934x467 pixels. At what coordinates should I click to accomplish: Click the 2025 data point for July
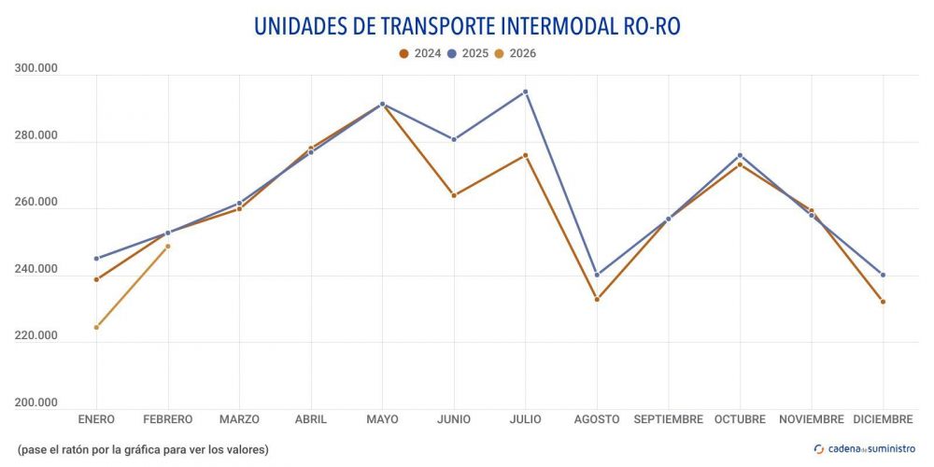click(526, 92)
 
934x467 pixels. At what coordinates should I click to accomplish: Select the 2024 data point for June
click(454, 195)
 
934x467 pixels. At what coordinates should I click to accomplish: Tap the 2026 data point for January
click(96, 327)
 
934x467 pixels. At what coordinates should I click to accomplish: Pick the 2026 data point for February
click(168, 247)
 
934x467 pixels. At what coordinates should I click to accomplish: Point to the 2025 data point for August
click(597, 275)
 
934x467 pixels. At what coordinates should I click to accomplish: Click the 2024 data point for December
click(883, 302)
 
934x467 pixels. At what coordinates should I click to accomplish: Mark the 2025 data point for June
click(454, 139)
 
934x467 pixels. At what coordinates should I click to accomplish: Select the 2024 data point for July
click(526, 155)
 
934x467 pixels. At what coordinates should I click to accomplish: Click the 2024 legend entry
click(420, 53)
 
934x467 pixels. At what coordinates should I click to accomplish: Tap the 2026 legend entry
click(517, 53)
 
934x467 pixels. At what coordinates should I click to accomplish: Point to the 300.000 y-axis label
click(36, 68)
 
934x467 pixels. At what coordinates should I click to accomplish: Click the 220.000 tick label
click(36, 335)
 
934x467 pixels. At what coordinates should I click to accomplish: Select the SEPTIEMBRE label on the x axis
click(669, 419)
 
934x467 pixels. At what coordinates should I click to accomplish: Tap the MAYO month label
click(382, 419)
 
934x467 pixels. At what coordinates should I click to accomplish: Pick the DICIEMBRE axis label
click(883, 419)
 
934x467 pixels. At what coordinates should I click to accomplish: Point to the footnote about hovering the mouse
click(143, 449)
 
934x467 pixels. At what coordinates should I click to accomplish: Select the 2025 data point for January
click(96, 259)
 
